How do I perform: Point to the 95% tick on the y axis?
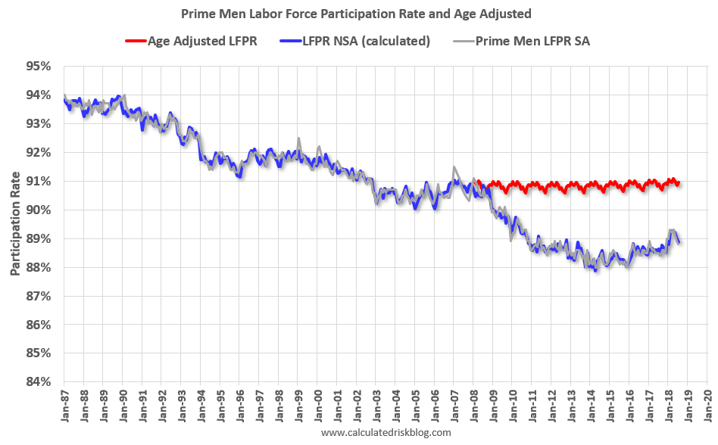click(37, 66)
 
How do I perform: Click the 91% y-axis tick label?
click(37, 181)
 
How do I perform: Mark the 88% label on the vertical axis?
click(37, 267)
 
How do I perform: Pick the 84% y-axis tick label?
click(37, 381)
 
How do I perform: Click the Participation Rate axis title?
click(14, 224)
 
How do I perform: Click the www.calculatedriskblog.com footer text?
click(386, 433)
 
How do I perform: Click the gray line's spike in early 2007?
click(454, 167)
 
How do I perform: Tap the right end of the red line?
click(679, 183)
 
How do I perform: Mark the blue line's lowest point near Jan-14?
click(596, 269)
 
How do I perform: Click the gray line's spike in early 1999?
click(298, 138)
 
